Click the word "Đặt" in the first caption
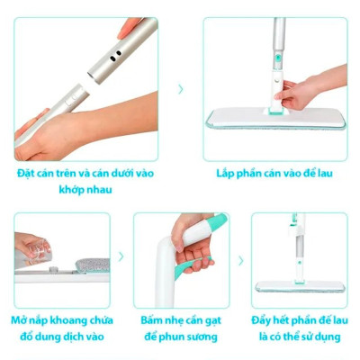click(x=25, y=172)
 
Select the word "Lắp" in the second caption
click(x=226, y=172)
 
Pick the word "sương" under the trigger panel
click(x=202, y=337)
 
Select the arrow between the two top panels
click(x=181, y=89)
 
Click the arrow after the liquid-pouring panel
click(x=121, y=259)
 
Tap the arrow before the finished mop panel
click(x=240, y=259)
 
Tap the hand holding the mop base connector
click(x=301, y=90)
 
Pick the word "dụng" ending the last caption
click(x=325, y=337)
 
